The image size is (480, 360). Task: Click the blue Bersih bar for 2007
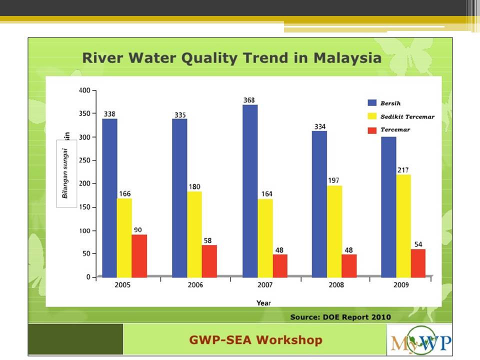[250, 191]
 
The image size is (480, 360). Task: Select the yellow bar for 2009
[403, 226]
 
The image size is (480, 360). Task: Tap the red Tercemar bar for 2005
[139, 256]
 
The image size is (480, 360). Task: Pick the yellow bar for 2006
[194, 234]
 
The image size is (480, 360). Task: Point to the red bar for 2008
[349, 266]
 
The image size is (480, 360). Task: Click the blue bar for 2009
[389, 207]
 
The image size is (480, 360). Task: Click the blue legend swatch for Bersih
[372, 103]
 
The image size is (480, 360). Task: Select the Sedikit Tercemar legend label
[407, 116]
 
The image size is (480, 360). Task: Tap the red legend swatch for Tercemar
[372, 130]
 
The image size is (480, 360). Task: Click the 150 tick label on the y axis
[85, 207]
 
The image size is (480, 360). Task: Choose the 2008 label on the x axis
[336, 285]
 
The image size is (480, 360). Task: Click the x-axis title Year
[263, 303]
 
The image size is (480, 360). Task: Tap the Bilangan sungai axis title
[65, 173]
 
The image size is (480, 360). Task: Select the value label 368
[249, 100]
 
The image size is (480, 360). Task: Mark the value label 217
[403, 170]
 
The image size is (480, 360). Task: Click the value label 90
[138, 230]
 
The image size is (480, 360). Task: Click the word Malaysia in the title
[347, 58]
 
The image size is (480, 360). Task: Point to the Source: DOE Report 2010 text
[340, 317]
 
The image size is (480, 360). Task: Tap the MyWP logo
[420, 340]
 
